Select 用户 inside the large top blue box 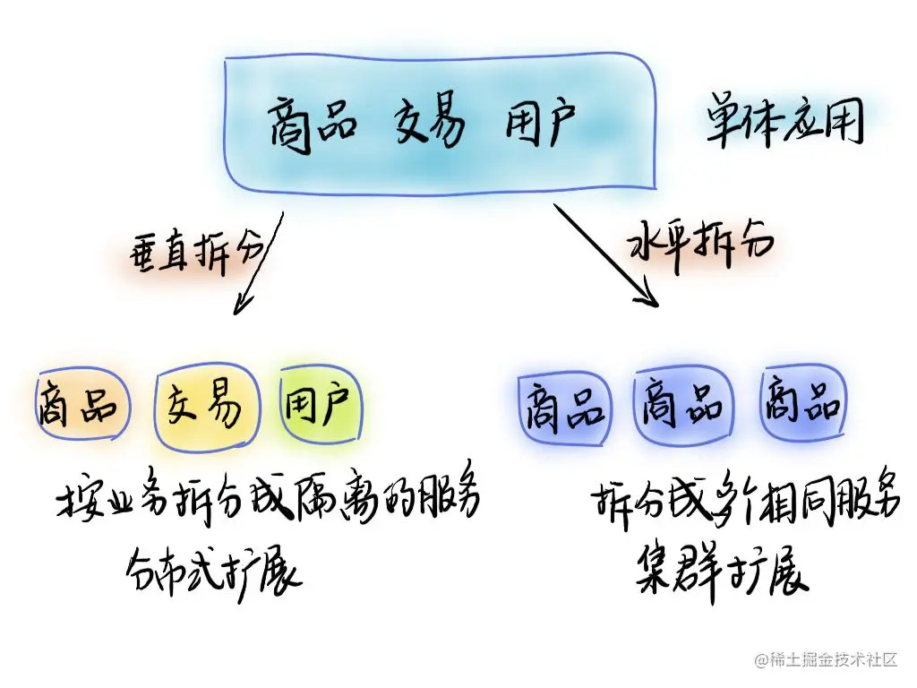(541, 124)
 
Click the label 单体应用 (784, 123)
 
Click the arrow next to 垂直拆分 (258, 263)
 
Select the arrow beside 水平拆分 (607, 256)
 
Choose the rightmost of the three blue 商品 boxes (801, 405)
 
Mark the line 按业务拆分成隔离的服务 (269, 502)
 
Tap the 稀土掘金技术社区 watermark (826, 660)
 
